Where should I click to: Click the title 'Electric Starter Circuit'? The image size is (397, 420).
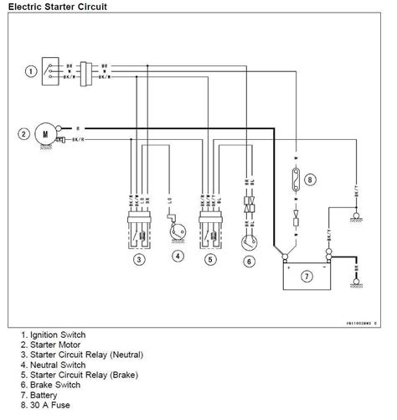(52, 7)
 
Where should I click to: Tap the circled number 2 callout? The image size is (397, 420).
(24, 133)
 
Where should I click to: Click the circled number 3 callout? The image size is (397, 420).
(139, 258)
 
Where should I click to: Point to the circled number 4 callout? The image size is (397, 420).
(177, 258)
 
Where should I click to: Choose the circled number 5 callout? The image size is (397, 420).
(210, 258)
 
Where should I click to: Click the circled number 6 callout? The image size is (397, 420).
(249, 261)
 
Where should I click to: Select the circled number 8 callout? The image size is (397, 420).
(312, 179)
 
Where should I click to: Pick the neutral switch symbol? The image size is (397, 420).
(176, 229)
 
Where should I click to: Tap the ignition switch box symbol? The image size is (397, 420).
(52, 71)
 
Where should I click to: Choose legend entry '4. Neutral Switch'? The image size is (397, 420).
(54, 364)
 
